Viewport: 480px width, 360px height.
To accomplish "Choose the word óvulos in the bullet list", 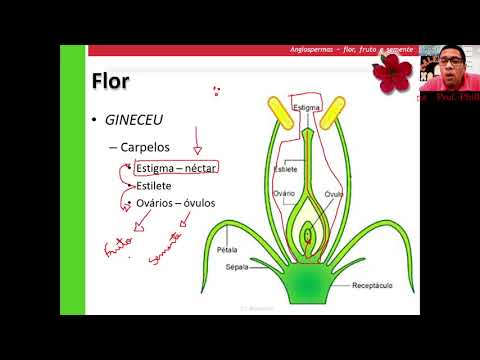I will [x=195, y=203].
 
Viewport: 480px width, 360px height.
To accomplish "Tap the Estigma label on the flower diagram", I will [x=305, y=105].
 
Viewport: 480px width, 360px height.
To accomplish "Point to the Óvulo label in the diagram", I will [x=335, y=193].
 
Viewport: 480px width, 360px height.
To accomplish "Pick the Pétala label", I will [x=226, y=251].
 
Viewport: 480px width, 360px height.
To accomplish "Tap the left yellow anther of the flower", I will [x=278, y=115].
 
